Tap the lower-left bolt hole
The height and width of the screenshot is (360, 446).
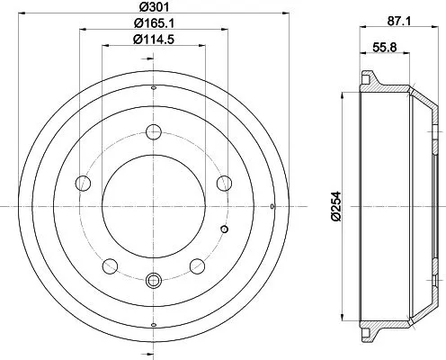click(111, 265)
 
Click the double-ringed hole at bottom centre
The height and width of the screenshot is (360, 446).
click(153, 280)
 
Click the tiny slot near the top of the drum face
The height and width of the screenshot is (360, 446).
click(153, 87)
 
